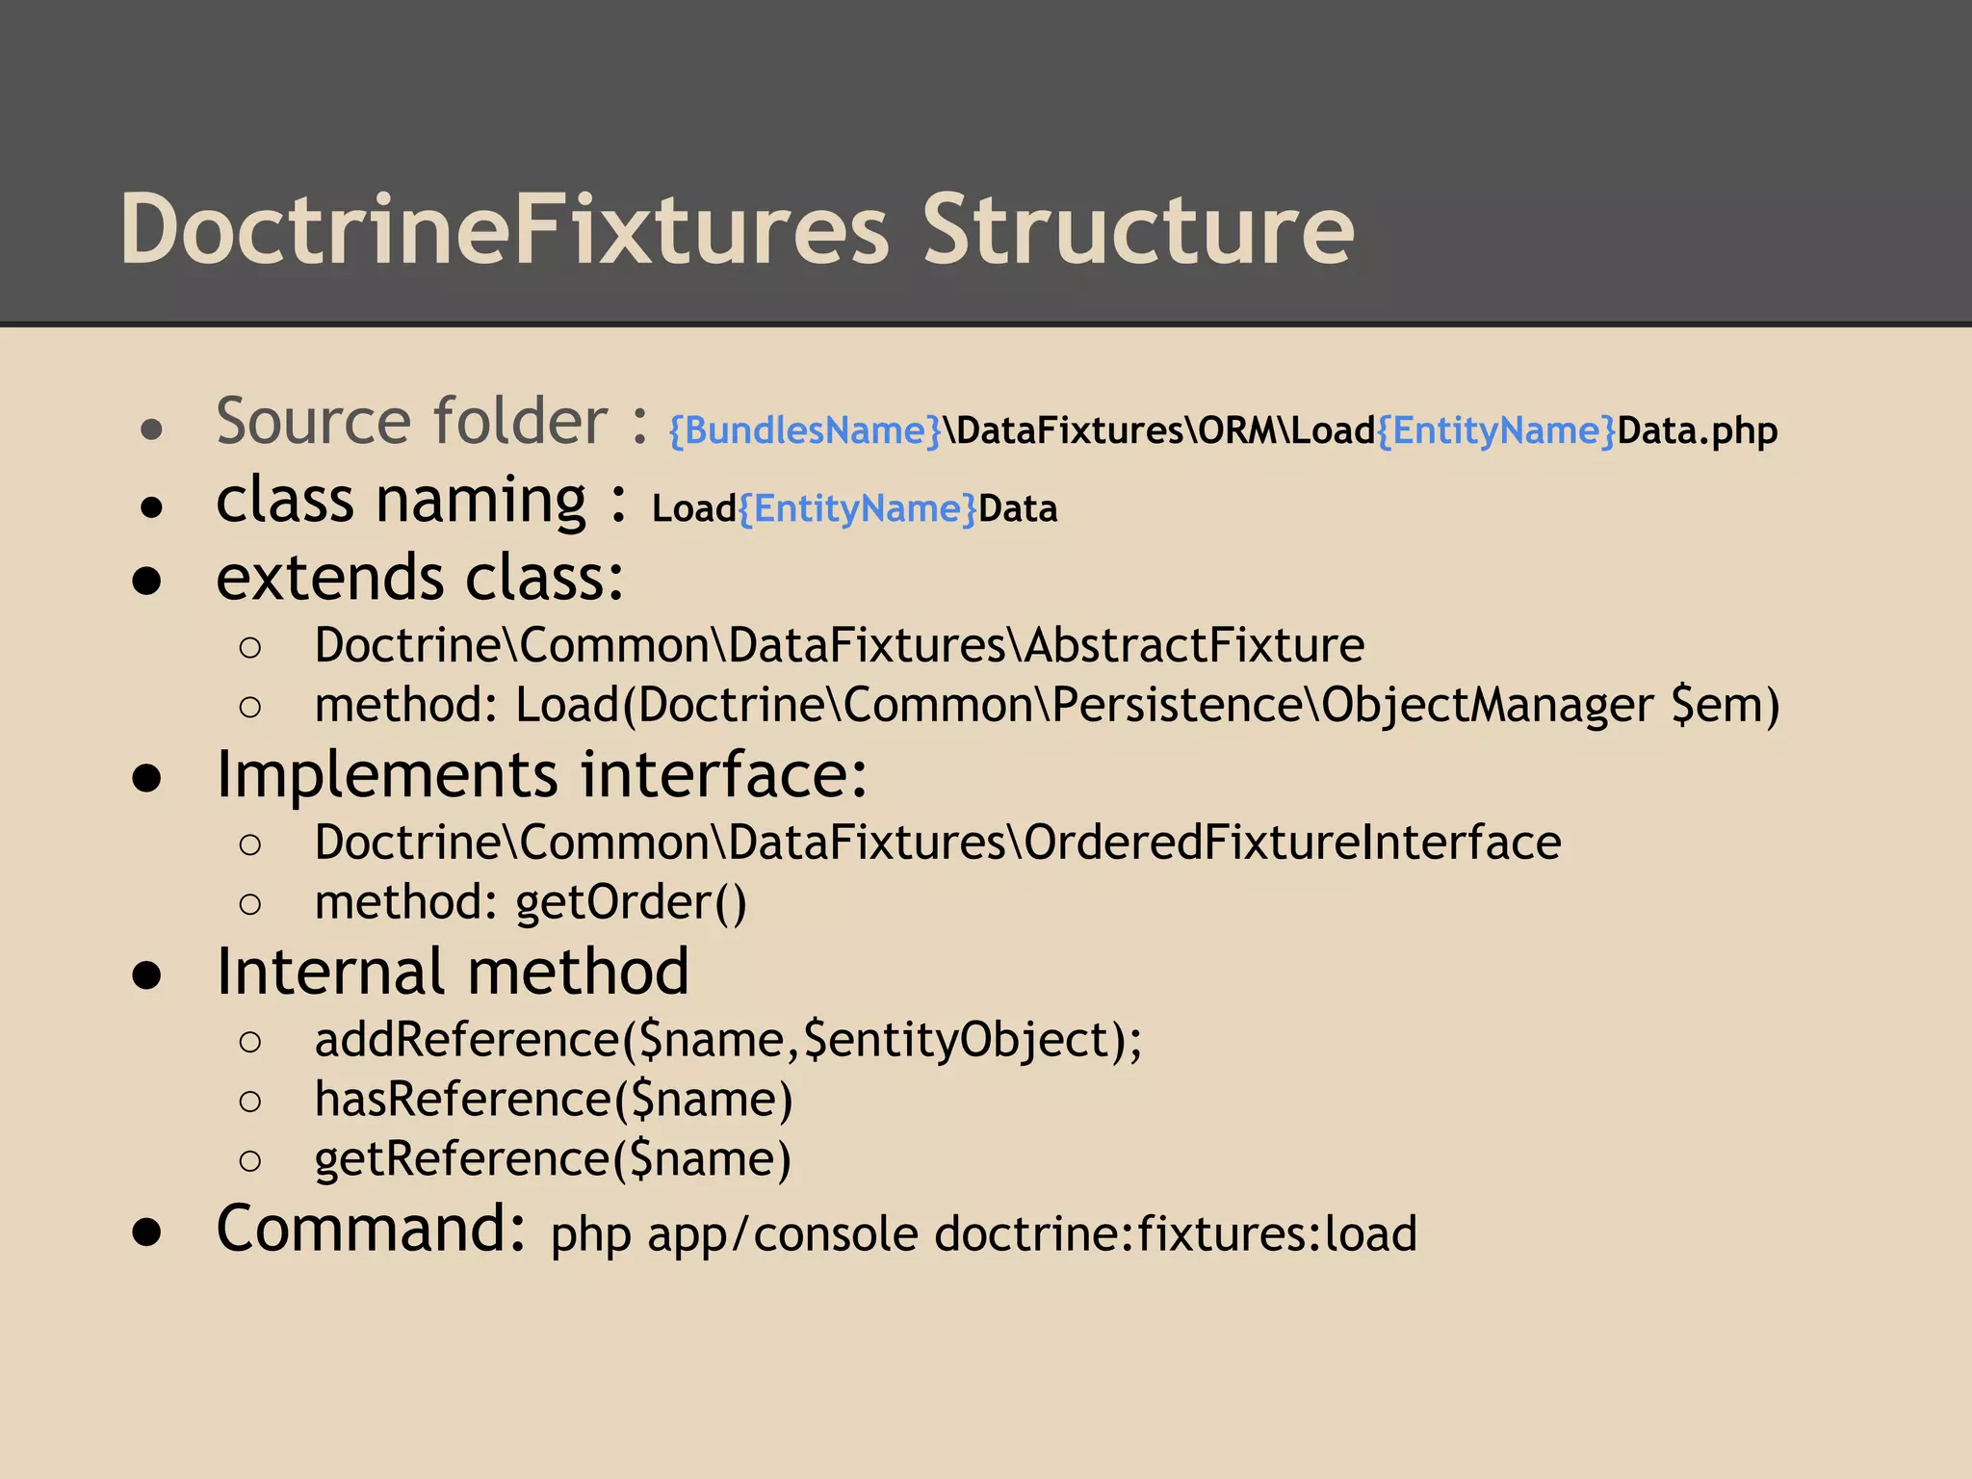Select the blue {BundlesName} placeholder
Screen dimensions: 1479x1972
(805, 430)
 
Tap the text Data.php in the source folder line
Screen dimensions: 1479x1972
(1697, 430)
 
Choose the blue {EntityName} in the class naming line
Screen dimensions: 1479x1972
(858, 508)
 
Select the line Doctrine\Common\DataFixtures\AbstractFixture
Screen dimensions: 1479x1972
(839, 645)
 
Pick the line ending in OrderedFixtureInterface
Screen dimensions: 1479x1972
(937, 843)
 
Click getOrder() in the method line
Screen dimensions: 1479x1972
(631, 902)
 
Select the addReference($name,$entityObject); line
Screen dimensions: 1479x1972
(728, 1040)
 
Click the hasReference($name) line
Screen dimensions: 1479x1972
(554, 1100)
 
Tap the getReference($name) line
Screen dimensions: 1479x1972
(553, 1158)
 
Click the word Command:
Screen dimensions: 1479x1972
(372, 1229)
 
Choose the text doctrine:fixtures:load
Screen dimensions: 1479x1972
(1176, 1234)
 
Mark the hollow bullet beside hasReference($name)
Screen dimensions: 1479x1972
(250, 1101)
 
